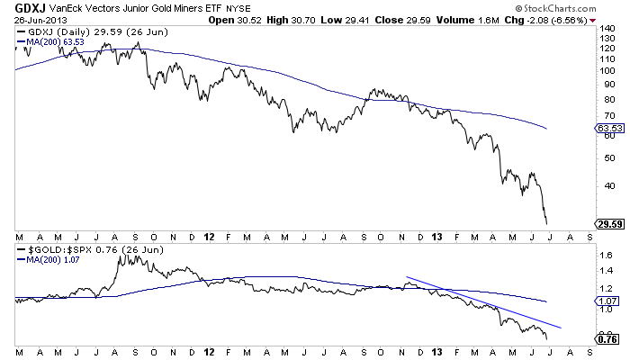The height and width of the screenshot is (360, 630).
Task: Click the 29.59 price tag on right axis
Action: pyautogui.click(x=608, y=223)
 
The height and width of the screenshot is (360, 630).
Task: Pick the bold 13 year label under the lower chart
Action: pyautogui.click(x=437, y=351)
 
